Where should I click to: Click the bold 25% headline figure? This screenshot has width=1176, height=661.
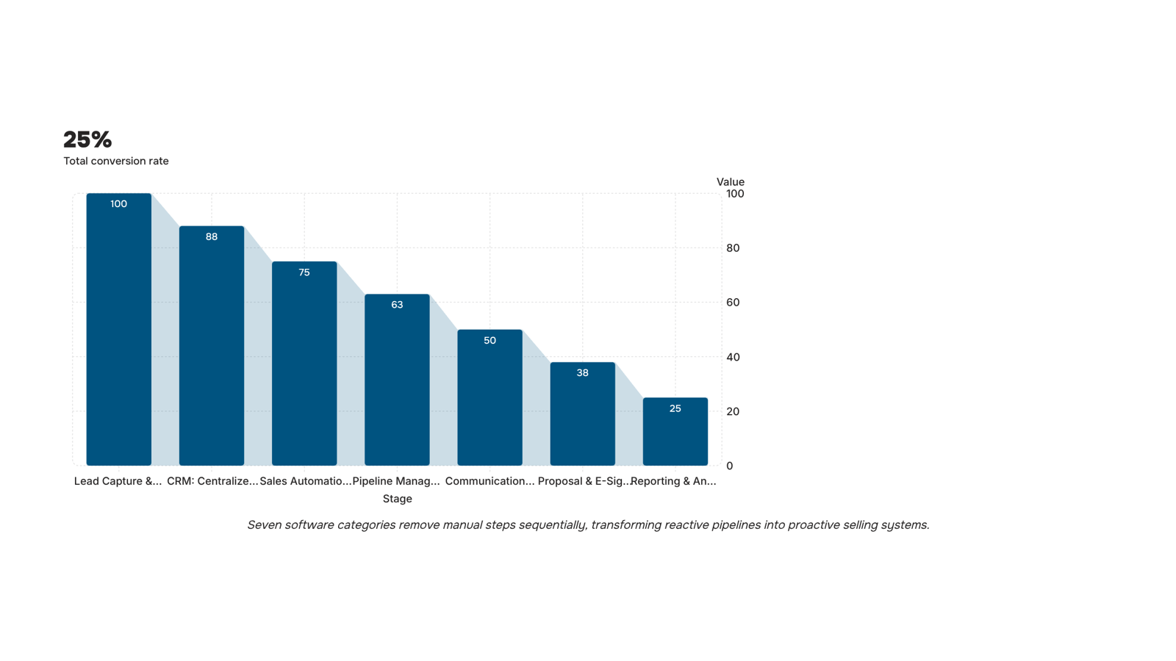87,140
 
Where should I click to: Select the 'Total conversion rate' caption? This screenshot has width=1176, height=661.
116,161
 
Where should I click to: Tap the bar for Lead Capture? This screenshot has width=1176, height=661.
118,330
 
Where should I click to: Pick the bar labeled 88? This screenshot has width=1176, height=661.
212,346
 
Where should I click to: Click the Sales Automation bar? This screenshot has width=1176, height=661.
304,364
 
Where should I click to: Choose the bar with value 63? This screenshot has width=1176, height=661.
397,380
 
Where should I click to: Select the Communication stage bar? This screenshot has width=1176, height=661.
490,397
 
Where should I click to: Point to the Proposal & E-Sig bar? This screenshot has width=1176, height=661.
583,414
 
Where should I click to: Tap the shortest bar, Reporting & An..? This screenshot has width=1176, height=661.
675,432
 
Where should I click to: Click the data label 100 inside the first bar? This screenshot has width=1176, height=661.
118,204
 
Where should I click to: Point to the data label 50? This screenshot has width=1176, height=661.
490,341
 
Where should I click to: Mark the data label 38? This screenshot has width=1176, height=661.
583,373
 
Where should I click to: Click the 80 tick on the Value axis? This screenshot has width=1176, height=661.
733,248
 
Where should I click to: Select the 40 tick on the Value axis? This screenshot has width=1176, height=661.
733,357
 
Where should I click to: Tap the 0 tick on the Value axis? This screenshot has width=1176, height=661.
730,466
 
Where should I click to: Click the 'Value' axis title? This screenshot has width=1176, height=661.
731,182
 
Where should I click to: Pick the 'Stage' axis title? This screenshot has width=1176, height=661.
398,499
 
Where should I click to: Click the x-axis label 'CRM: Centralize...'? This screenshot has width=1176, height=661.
212,481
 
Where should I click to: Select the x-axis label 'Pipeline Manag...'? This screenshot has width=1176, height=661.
396,481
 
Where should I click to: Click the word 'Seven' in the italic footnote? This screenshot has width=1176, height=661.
264,525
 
